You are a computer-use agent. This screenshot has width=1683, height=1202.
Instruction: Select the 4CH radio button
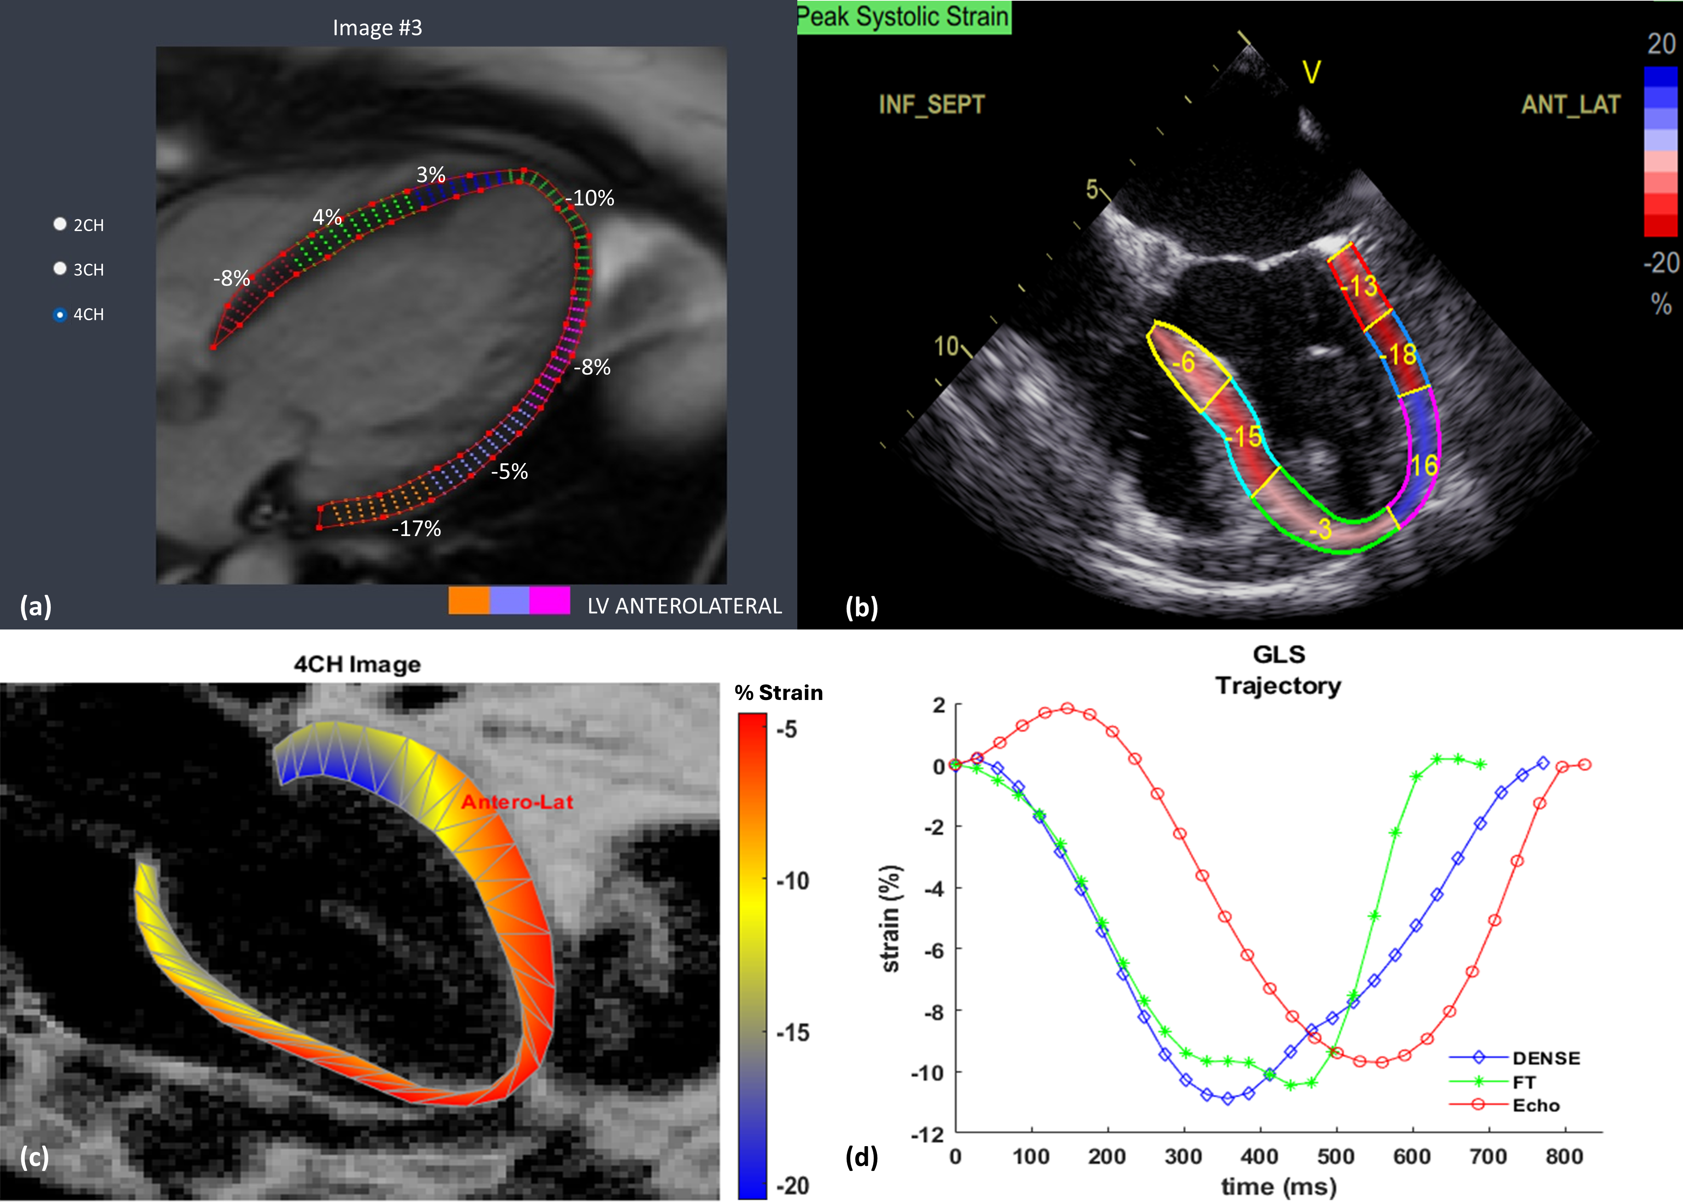point(60,315)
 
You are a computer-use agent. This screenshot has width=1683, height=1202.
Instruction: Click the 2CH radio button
point(60,224)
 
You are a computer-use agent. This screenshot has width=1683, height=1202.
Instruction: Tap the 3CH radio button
point(60,269)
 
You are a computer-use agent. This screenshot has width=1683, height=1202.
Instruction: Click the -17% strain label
point(416,528)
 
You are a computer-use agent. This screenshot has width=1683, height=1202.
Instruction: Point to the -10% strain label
point(590,198)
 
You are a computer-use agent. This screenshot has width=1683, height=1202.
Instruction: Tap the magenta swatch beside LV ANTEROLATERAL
point(549,600)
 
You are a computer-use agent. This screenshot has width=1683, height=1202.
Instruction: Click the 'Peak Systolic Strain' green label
point(903,16)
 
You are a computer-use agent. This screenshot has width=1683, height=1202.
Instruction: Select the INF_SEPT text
point(931,104)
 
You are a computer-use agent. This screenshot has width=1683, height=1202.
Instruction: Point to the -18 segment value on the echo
point(1398,355)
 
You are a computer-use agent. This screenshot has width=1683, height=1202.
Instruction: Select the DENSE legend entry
point(1546,1059)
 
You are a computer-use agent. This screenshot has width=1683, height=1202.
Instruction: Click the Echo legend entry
point(1536,1106)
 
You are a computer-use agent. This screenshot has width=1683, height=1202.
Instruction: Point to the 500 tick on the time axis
point(1336,1157)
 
